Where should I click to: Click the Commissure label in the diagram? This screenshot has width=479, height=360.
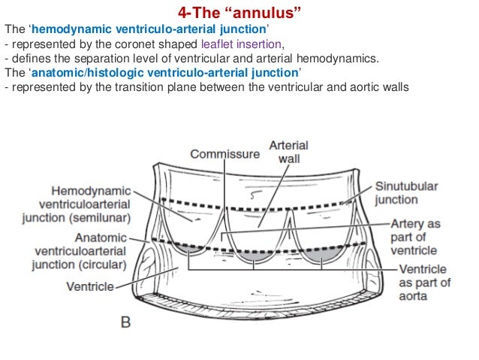pyautogui.click(x=224, y=154)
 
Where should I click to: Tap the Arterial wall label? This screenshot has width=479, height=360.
pyautogui.click(x=289, y=152)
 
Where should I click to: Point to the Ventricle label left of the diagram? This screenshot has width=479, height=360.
pyautogui.click(x=90, y=286)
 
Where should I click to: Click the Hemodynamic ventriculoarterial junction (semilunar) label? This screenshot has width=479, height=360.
pyautogui.click(x=91, y=204)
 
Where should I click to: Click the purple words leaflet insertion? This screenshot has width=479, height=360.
pyautogui.click(x=242, y=44)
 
